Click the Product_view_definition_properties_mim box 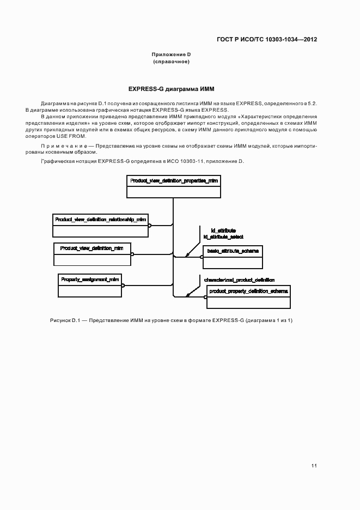click(x=174, y=186)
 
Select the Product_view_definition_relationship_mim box click(x=100, y=225)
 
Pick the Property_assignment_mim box click(x=90, y=285)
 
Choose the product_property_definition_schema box click(x=248, y=297)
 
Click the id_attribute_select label click(x=223, y=237)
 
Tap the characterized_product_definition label click(x=239, y=280)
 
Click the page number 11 click(x=314, y=466)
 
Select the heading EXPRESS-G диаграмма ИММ click(x=175, y=88)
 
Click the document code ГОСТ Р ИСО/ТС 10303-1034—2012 click(x=267, y=39)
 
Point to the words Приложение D click(x=171, y=54)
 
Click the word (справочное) click(x=171, y=62)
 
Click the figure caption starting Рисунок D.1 click(x=171, y=320)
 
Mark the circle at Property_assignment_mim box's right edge click(x=123, y=285)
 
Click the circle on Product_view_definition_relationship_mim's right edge click(x=150, y=224)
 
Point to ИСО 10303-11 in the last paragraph click(x=191, y=162)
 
